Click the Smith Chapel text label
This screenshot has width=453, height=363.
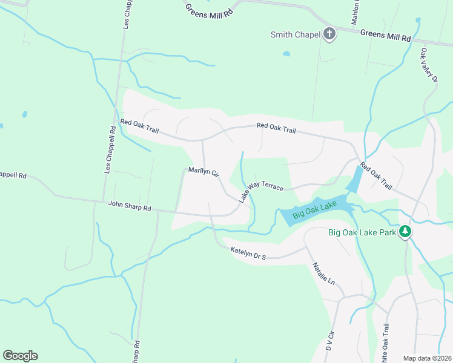click(x=294, y=34)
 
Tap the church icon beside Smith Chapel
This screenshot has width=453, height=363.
click(x=329, y=33)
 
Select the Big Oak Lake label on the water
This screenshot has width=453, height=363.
click(x=314, y=210)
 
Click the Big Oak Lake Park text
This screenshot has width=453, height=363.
click(x=362, y=232)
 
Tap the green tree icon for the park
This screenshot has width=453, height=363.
click(x=405, y=232)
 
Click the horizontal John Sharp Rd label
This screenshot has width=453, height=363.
click(x=129, y=207)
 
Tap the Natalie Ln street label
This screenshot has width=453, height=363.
click(x=323, y=274)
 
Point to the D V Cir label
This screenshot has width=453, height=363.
click(x=330, y=342)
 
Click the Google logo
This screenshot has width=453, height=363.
click(x=20, y=356)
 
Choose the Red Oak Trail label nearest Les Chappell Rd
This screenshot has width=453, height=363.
click(x=139, y=124)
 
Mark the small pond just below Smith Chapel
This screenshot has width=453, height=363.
click(x=286, y=53)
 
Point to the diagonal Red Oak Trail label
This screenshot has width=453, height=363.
click(x=375, y=175)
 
